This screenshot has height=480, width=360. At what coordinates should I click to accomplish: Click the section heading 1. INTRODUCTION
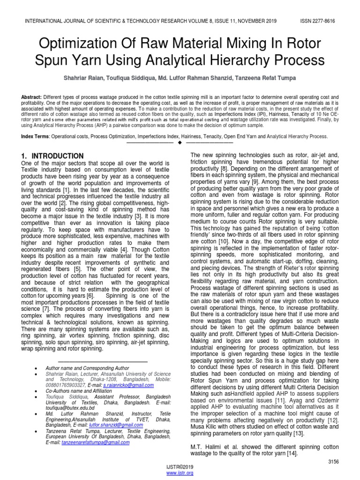click(x=52, y=156)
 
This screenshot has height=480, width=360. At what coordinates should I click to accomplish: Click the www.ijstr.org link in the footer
click(x=180, y=473)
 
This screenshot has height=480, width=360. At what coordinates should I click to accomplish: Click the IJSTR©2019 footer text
click(x=180, y=467)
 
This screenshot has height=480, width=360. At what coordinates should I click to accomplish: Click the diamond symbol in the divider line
click(x=180, y=142)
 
